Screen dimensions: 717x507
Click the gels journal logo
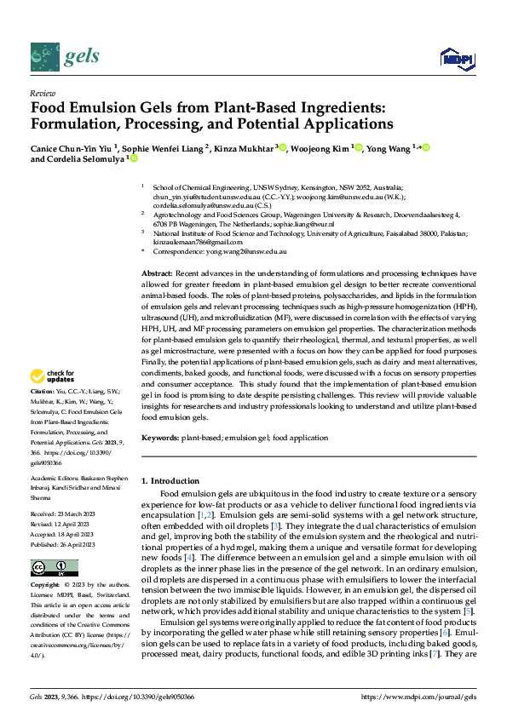coord(65,57)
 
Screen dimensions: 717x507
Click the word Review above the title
coord(42,93)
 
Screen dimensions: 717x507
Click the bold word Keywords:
coord(160,437)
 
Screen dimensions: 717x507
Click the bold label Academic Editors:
coord(55,479)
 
